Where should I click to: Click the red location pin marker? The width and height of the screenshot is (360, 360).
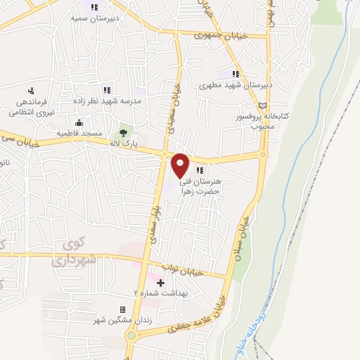coord(181,165)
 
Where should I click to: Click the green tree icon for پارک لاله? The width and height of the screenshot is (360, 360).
coord(124,131)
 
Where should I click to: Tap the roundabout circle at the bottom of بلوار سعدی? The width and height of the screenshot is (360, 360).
coord(131,335)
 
